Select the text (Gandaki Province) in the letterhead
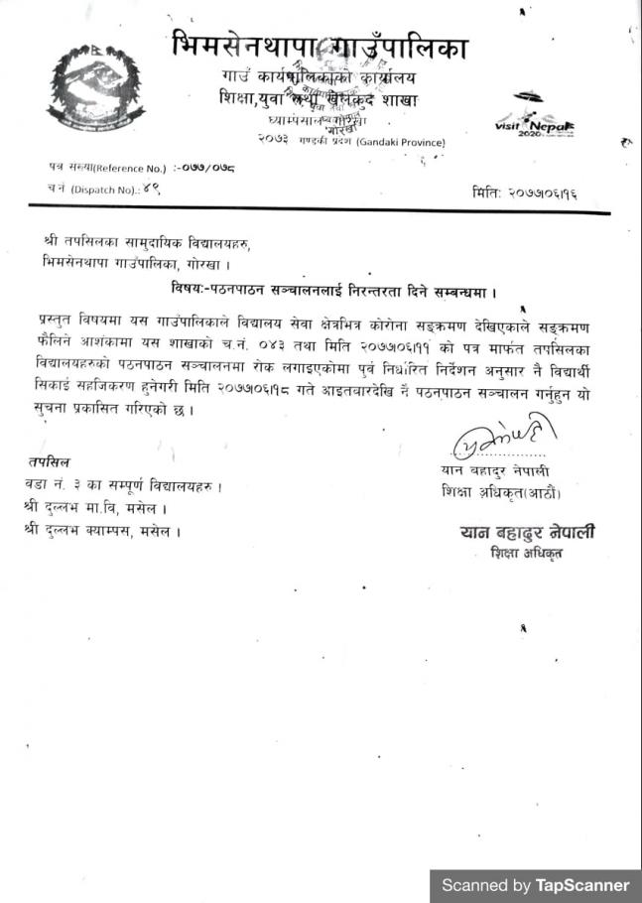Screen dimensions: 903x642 (398, 143)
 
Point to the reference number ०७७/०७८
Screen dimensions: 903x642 (204, 168)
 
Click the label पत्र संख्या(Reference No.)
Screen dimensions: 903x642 (103, 168)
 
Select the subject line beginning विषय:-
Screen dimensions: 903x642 (331, 291)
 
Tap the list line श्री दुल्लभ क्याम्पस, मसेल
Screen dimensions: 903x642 (102, 531)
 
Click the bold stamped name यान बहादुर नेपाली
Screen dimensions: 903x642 (527, 533)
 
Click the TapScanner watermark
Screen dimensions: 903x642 (535, 884)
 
